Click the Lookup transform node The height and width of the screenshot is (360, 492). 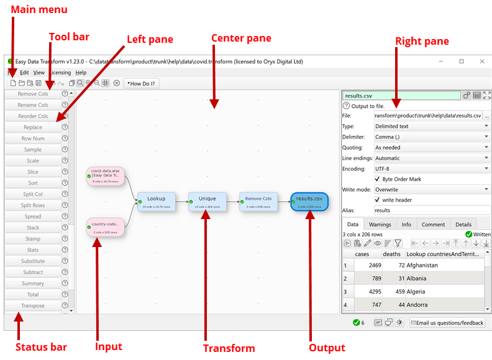tap(156, 201)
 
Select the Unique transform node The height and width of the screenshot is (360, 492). tap(207, 201)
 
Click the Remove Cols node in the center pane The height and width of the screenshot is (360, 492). tap(258, 201)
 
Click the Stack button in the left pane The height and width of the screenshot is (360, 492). tap(33, 228)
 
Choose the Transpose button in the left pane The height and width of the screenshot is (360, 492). tap(33, 306)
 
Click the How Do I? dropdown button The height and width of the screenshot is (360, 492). tap(141, 83)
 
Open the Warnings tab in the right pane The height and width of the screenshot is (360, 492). tap(380, 224)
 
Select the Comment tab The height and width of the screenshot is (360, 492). tap(433, 224)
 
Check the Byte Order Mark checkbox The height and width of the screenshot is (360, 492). tap(378, 179)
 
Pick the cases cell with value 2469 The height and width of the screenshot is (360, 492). tap(367, 266)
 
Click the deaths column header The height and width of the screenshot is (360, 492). tap(391, 254)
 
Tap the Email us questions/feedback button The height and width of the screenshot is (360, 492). tap(447, 323)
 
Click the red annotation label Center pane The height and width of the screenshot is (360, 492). tap(241, 38)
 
